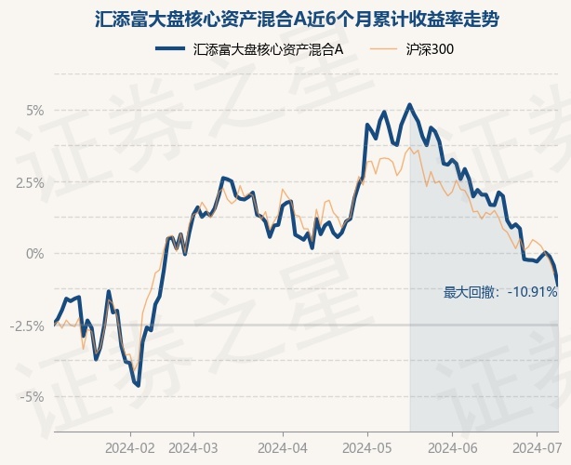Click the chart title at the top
point(297,19)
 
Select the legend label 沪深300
point(430,49)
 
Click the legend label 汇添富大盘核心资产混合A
point(269,49)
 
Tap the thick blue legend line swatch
point(170,48)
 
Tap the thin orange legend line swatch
point(383,48)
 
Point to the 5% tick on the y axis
point(35,111)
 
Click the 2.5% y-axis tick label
point(30,183)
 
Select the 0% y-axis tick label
point(35,254)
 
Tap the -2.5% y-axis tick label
point(27,325)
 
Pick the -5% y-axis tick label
point(32,396)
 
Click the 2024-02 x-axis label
point(130,448)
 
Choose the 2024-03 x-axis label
point(193,448)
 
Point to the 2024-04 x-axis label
point(283,448)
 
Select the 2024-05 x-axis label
point(367,448)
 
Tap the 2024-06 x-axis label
point(452,448)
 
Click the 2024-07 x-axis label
point(537,448)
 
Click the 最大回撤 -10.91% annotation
point(500,292)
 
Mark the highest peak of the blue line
point(410,105)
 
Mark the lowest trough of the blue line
point(139,386)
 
